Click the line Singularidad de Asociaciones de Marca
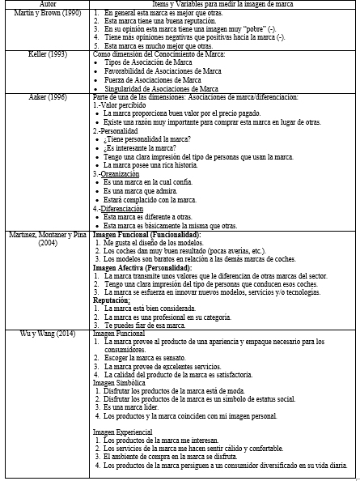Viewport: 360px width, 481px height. pos(161,89)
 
